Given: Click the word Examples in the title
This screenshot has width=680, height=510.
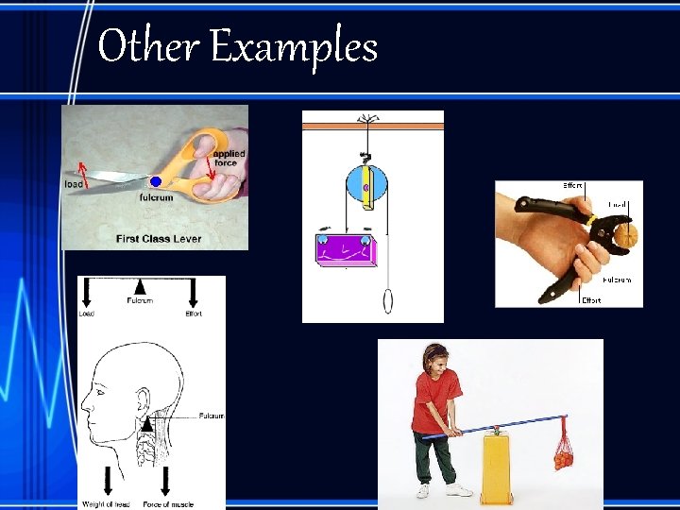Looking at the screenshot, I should [294, 46].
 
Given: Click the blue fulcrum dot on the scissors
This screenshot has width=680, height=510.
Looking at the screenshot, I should [156, 180].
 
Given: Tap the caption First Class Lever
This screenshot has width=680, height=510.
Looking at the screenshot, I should [159, 238].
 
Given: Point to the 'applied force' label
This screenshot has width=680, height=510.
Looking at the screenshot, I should [229, 157].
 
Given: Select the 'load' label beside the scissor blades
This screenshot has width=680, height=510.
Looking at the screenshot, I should [74, 183].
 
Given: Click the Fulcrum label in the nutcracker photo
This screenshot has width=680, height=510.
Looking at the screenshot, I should [617, 280].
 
